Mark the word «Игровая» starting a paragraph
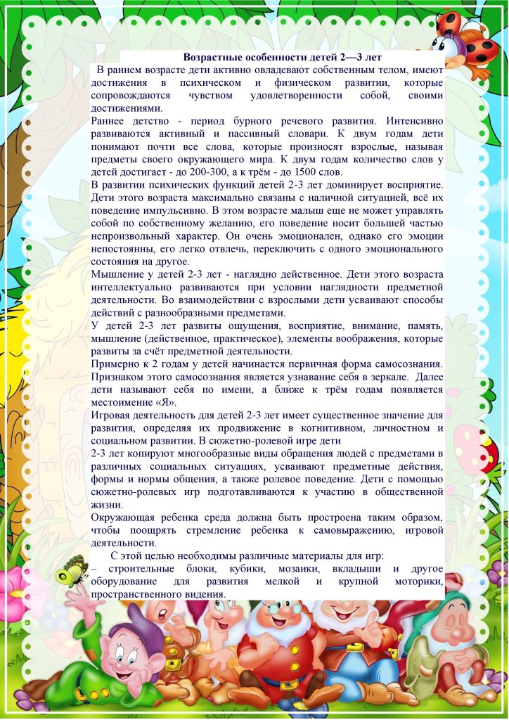(x=113, y=416)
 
